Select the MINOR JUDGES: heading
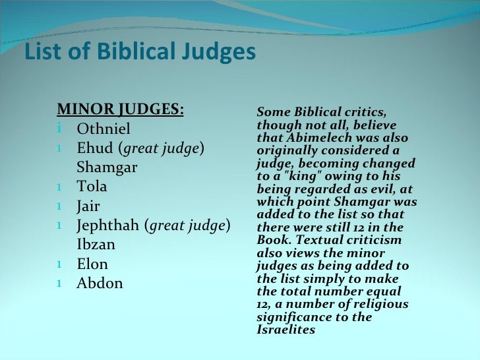pos(121,109)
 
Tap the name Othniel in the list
pos(104,129)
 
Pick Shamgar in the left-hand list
pos(107,167)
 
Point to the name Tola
pos(92,187)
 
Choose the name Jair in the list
pos(88,206)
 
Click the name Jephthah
pos(108,225)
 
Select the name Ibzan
pos(96,245)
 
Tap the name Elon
pos(92,264)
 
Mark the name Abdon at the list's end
pos(100,284)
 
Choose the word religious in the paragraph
pos(380,305)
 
